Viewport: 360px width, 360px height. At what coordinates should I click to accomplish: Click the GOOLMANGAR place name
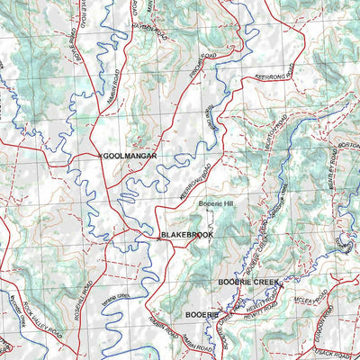point(131,156)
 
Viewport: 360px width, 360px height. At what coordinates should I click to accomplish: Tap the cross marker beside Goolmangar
point(99,156)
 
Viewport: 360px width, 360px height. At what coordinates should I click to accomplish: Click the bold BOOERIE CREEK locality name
point(248,283)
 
